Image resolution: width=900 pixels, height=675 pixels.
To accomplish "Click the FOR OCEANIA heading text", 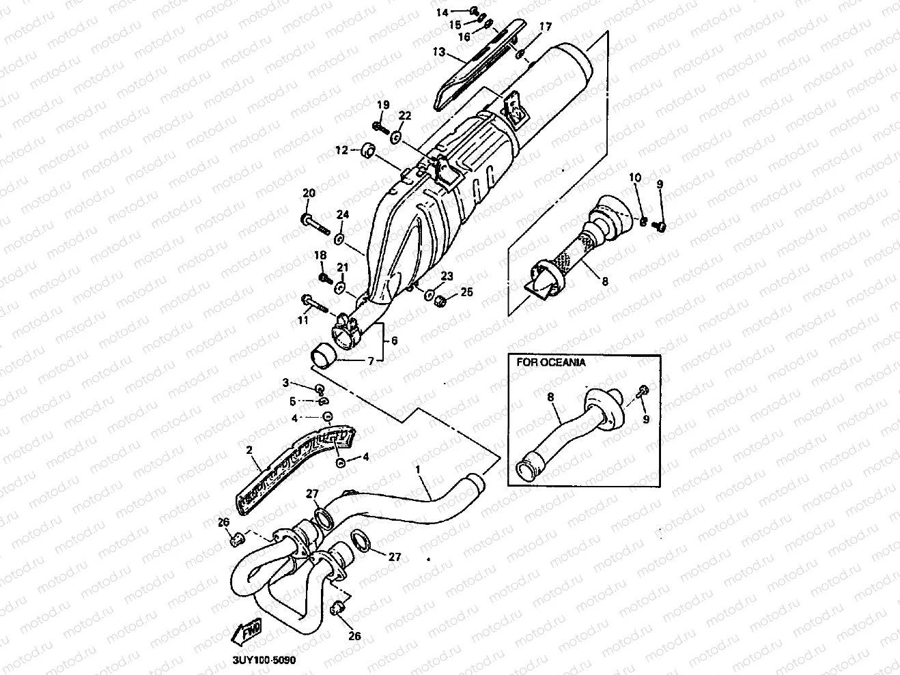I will click(x=550, y=362).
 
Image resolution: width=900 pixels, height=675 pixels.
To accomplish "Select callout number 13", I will click(x=438, y=52).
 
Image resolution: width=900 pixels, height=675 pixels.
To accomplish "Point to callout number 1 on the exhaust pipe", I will click(x=418, y=470).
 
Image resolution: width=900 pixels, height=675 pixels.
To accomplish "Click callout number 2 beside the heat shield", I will click(x=249, y=450).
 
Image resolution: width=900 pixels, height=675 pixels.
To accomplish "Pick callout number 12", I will click(x=341, y=149).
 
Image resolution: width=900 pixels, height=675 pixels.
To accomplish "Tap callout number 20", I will click(x=309, y=194).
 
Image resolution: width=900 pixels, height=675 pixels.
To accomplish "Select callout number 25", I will click(x=466, y=292).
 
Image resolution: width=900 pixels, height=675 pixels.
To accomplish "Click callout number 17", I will click(x=545, y=27).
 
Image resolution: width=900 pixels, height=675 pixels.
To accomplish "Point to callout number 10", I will click(x=635, y=178).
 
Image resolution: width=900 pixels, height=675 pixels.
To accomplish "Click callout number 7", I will click(x=371, y=360).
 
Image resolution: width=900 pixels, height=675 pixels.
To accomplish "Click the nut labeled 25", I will click(x=441, y=300).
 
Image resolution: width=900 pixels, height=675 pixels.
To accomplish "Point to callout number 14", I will click(x=442, y=12).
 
